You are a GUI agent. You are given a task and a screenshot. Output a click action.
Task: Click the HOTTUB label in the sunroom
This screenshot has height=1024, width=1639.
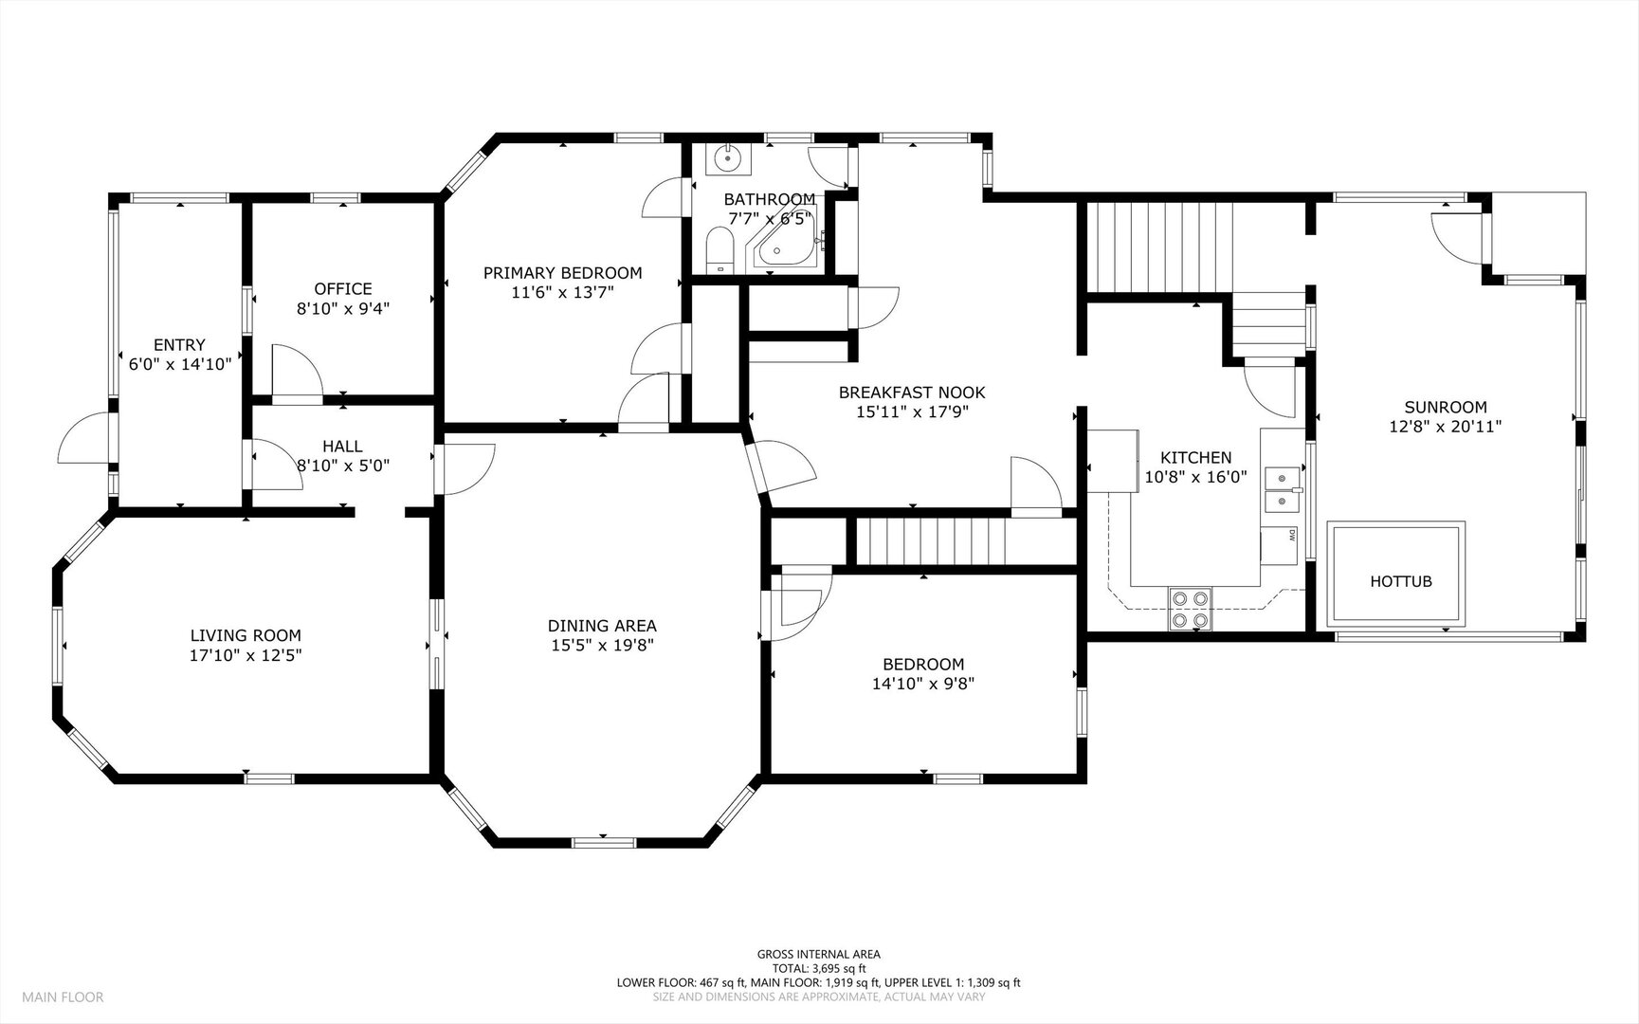1400,581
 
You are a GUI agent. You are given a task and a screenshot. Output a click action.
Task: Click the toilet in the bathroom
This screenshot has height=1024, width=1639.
720,254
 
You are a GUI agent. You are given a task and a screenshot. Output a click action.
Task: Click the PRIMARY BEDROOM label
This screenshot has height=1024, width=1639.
562,273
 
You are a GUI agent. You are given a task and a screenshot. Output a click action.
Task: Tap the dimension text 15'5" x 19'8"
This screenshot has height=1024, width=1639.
602,645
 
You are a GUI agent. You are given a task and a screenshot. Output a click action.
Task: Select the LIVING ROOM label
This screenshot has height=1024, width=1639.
246,635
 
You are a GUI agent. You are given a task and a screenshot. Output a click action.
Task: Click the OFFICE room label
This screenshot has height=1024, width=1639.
343,288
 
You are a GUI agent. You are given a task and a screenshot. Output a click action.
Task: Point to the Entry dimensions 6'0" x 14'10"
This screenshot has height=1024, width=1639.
180,363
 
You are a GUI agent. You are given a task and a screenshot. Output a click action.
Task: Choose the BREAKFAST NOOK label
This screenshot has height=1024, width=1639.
912,392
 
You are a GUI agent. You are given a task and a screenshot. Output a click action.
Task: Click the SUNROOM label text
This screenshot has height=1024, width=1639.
1446,407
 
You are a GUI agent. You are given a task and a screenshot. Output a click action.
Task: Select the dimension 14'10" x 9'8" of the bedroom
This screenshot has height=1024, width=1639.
923,683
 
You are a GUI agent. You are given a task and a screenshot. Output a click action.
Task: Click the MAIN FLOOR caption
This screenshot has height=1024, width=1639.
63,997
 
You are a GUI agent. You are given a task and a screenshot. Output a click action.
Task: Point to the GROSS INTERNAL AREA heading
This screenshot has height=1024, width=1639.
818,954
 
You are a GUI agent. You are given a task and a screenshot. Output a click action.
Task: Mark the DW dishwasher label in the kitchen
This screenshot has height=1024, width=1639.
1292,535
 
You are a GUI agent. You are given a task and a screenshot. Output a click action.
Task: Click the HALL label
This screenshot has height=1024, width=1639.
342,446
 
